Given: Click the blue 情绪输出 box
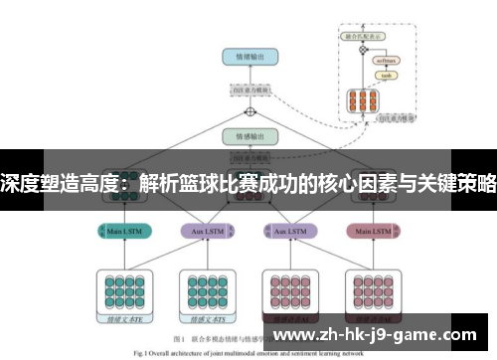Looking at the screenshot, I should pyautogui.click(x=249, y=57).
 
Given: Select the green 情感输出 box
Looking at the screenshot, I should pyautogui.click(x=249, y=136).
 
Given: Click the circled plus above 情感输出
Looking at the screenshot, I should pyautogui.click(x=250, y=112).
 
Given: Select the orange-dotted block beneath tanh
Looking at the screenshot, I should pyautogui.click(x=361, y=100).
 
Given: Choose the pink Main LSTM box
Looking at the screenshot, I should pyautogui.click(x=372, y=232).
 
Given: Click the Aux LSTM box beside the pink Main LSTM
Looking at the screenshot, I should pyautogui.click(x=288, y=232).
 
